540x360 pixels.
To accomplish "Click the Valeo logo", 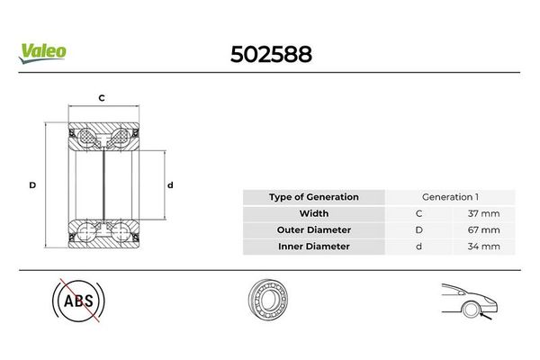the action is [42, 53].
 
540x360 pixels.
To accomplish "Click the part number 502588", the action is [272, 54].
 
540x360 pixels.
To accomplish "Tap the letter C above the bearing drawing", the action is [102, 98].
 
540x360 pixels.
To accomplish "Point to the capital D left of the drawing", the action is [32, 185].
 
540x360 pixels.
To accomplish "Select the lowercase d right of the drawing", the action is [170, 185].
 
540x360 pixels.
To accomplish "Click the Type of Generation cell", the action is [314, 197].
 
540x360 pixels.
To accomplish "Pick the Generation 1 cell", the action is [450, 197].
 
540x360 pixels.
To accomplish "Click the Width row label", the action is [314, 213].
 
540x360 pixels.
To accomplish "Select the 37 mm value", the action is [483, 213].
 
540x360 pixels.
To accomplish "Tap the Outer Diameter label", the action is [314, 229].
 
